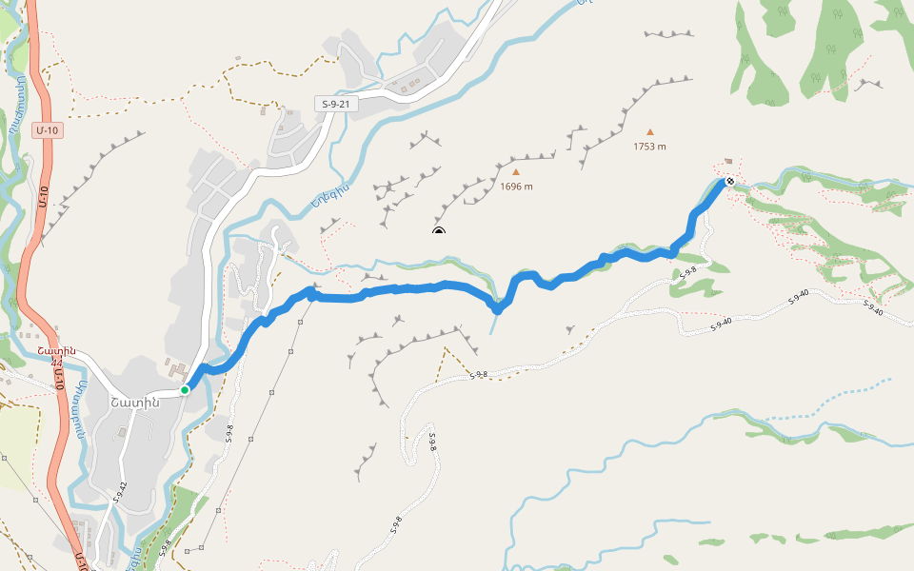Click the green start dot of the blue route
[x=185, y=389]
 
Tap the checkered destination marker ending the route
[x=730, y=181]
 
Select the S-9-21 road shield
[x=337, y=104]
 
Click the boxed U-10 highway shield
[x=46, y=129]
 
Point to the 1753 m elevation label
[x=650, y=147]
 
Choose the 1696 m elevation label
[x=516, y=187]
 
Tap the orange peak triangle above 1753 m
[x=650, y=132]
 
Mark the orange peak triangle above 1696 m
[x=516, y=172]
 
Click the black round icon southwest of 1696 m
[x=439, y=232]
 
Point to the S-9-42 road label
[x=120, y=491]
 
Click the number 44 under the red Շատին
[x=57, y=362]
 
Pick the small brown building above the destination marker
[x=729, y=162]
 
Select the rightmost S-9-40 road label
[x=873, y=307]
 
